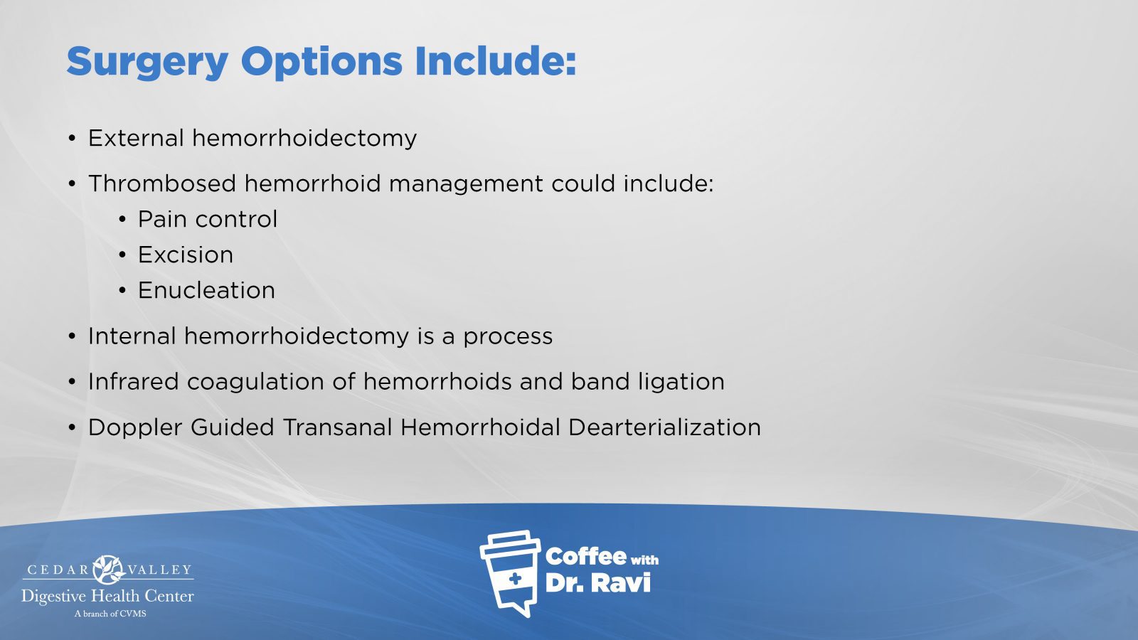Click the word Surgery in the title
point(147,63)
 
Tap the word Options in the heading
point(321,63)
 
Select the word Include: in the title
point(496,61)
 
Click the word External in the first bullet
point(136,138)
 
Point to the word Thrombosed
point(163,183)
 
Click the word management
point(466,185)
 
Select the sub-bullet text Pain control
point(208,220)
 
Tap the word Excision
point(186,255)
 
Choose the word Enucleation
point(207,290)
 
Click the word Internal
point(132,336)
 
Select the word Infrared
point(134,381)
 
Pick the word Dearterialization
point(664,427)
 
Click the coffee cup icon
point(510,573)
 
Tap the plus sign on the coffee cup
point(515,579)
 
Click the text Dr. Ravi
point(598,583)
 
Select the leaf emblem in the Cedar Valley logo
point(108,570)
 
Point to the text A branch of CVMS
point(110,614)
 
